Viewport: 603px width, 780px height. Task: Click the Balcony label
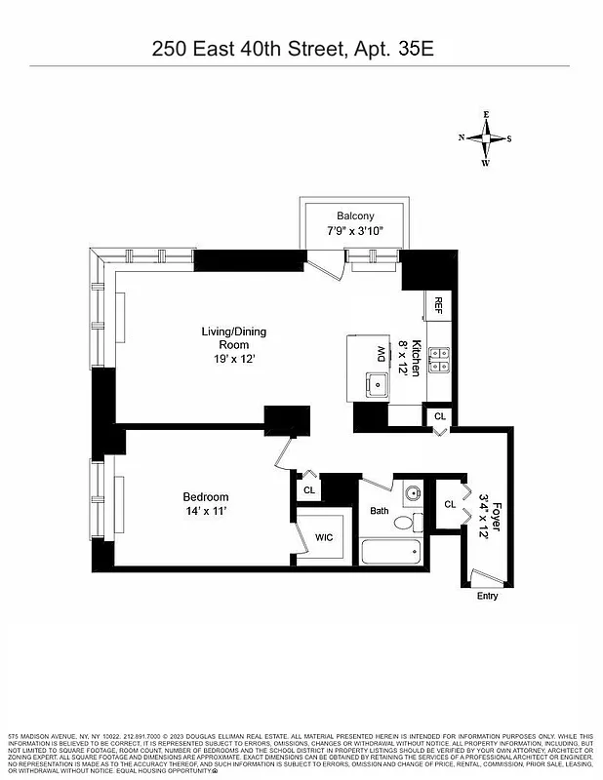pos(355,215)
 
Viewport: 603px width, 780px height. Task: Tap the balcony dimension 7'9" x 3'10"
pos(355,231)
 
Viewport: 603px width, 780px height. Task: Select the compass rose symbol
pos(485,138)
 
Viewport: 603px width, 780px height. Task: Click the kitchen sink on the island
pos(375,381)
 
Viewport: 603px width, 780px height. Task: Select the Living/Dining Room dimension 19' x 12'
pos(233,358)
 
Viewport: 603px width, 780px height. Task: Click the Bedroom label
pos(206,496)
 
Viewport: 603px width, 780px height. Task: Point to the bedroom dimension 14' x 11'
pos(206,511)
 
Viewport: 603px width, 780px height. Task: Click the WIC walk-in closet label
pos(322,537)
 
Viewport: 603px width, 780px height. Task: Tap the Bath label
pos(379,510)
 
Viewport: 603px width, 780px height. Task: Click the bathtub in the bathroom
pos(390,552)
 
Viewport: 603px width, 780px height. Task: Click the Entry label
pos(486,596)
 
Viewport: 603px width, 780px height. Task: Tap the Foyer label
pos(496,515)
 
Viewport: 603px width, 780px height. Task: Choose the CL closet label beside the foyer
pos(450,504)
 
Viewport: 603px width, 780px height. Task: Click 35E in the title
pos(415,48)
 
